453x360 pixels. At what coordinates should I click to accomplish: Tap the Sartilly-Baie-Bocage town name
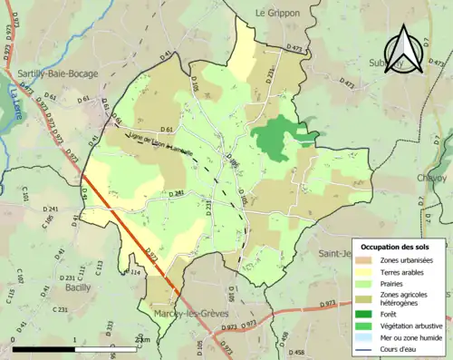click(57, 70)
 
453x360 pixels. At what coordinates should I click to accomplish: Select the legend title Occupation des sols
click(395, 247)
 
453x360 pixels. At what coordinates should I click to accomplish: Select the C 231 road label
click(61, 310)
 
